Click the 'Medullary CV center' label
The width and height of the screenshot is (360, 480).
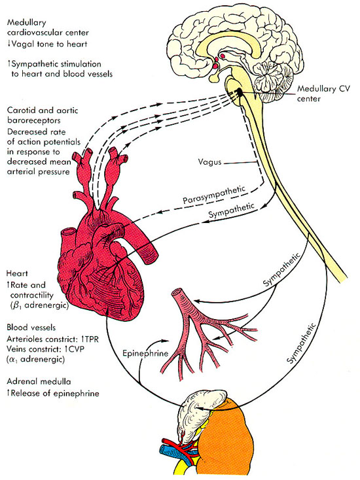tap(323, 94)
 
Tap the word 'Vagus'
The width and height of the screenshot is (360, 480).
tap(209, 162)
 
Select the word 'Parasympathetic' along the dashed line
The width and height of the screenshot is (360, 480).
tap(214, 195)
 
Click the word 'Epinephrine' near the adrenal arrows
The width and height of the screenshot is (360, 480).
tap(145, 353)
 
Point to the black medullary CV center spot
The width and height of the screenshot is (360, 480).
tap(239, 91)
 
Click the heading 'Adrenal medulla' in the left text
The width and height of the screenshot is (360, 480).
tap(39, 381)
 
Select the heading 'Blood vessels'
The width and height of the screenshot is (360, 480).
tap(31, 328)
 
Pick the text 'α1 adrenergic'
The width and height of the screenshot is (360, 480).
tap(35, 360)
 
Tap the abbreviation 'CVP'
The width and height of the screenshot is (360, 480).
tap(77, 349)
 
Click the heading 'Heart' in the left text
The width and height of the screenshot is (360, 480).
tap(17, 273)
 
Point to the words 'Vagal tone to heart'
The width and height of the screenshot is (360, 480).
tap(49, 44)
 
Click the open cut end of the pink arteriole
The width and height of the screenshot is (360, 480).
tap(177, 293)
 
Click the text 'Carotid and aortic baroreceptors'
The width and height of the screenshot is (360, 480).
tap(43, 115)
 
